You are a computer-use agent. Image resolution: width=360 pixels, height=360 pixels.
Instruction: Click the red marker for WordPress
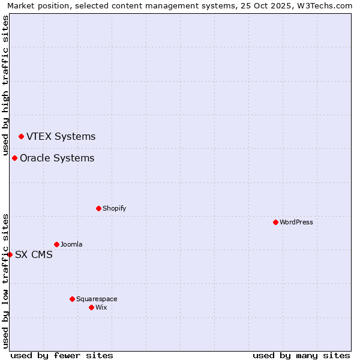[275, 222]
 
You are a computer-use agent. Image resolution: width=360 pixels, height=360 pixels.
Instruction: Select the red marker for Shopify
[98, 208]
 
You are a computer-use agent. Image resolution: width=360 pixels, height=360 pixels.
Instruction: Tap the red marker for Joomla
[56, 244]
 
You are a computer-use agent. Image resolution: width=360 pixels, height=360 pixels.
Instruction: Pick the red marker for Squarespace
[72, 299]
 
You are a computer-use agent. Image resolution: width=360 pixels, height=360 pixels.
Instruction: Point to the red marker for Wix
[91, 307]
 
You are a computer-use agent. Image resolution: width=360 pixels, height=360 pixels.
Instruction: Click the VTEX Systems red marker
[21, 136]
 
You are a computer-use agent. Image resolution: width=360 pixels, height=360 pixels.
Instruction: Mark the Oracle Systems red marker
[14, 158]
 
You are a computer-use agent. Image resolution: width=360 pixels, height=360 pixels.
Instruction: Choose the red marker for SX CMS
[10, 254]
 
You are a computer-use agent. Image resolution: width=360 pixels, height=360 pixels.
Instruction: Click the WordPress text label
[296, 222]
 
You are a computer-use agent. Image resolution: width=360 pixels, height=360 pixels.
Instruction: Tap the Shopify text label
[115, 208]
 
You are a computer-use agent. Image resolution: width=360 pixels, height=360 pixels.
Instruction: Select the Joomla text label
[71, 244]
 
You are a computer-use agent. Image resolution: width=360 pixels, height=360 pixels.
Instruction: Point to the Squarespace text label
[97, 299]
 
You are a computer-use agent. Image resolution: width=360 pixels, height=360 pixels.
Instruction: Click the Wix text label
[101, 307]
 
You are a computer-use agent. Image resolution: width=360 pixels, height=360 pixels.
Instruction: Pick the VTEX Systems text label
[61, 136]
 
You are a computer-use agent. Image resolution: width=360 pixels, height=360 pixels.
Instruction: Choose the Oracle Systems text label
[57, 158]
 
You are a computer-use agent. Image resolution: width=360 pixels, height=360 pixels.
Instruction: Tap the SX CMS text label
[34, 254]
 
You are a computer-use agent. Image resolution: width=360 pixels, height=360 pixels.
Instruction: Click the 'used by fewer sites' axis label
[62, 355]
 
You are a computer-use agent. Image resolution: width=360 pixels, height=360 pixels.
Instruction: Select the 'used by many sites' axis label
[301, 355]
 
